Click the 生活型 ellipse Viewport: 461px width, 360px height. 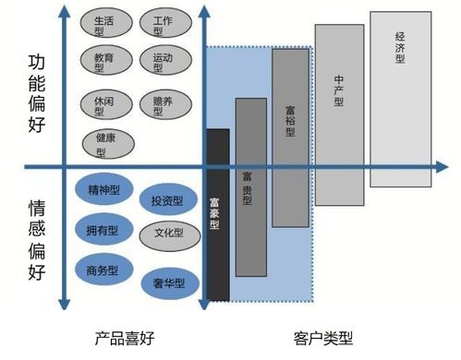(104, 25)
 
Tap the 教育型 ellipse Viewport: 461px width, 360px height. (104, 62)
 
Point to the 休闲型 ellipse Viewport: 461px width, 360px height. (103, 102)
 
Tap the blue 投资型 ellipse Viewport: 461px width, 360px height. (166, 200)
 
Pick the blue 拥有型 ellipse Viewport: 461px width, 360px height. (103, 230)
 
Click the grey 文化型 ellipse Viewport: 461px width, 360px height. (169, 234)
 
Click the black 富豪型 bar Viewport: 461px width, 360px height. (217, 214)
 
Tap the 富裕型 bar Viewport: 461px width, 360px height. (290, 137)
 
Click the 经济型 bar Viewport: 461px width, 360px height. (400, 98)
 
